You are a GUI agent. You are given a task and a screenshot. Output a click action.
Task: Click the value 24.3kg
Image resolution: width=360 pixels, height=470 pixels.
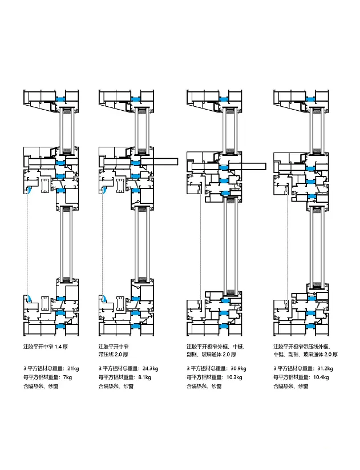click(x=148, y=368)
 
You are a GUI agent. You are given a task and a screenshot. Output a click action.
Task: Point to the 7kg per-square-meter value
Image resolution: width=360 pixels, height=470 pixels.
click(x=67, y=377)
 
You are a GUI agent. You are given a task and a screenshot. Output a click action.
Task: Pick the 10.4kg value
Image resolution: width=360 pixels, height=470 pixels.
click(x=321, y=377)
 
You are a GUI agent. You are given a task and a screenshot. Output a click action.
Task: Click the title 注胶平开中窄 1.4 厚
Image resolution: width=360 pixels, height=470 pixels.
click(x=49, y=347)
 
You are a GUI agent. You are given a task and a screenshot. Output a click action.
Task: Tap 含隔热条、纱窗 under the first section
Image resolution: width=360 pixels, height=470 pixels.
click(x=40, y=387)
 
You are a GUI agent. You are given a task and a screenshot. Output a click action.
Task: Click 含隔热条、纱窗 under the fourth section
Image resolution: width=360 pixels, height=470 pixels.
click(x=290, y=387)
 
